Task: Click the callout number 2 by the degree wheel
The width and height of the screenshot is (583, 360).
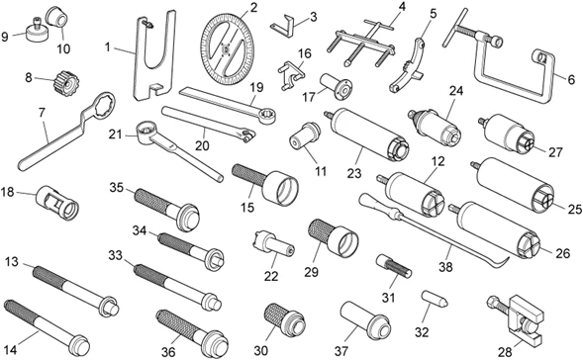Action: tap(253, 7)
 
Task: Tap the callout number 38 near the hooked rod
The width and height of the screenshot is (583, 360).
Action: tap(445, 266)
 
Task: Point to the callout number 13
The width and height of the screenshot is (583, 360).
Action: tap(12, 261)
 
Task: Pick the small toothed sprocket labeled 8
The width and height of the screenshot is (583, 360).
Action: tap(66, 83)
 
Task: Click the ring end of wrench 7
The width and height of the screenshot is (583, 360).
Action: tap(100, 107)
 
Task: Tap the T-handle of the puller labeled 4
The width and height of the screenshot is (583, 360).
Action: tap(378, 25)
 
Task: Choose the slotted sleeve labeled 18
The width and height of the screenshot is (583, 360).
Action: tap(57, 202)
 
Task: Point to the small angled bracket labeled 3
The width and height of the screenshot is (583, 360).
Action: tap(285, 26)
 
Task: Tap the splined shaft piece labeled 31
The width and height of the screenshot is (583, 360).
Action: tap(395, 266)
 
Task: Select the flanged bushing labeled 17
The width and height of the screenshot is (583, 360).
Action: tap(336, 86)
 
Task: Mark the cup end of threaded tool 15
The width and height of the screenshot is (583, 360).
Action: tap(281, 188)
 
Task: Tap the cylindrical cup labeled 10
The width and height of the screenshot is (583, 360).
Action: tap(58, 17)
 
